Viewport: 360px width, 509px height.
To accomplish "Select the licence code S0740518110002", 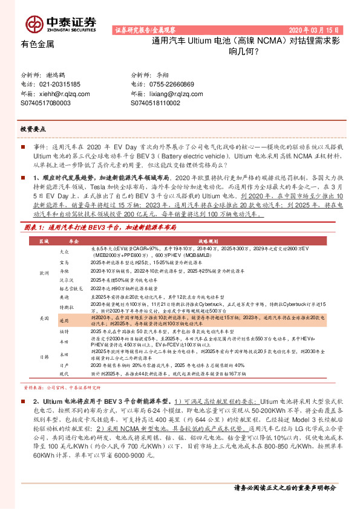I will coord(160,103).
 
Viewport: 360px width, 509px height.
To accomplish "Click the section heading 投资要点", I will coord(33,129).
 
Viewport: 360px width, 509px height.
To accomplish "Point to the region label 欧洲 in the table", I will coord(44,273).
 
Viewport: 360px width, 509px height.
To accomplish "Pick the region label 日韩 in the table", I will coord(44,357).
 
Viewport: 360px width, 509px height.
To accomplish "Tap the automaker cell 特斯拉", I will coord(65,307).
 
